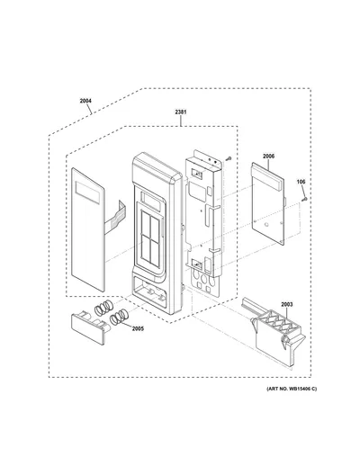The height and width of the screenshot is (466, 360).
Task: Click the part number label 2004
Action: click(85, 101)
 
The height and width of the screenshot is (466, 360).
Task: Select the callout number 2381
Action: click(181, 112)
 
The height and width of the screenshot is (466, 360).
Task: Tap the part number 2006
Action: click(268, 157)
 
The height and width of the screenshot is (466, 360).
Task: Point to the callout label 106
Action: click(301, 182)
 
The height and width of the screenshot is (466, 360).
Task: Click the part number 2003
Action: click(287, 304)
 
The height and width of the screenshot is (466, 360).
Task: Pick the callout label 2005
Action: click(138, 328)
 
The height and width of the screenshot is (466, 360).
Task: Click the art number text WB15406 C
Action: click(302, 389)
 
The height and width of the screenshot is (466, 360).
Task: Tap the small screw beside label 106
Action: click(305, 199)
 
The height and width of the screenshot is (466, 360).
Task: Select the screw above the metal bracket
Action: click(229, 158)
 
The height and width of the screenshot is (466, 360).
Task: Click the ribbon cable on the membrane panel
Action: click(115, 213)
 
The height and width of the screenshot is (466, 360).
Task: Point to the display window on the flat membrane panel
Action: click(87, 193)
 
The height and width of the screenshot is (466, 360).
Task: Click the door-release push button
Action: click(89, 327)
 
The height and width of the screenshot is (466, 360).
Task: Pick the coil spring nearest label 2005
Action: click(119, 317)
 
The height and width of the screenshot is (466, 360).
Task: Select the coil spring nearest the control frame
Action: click(104, 308)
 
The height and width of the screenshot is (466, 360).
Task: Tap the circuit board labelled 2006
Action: click(268, 203)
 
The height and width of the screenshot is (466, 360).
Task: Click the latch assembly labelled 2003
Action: click(275, 333)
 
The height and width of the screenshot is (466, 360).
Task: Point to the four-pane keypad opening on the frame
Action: click(150, 236)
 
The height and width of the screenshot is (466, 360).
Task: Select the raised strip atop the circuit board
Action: click(268, 178)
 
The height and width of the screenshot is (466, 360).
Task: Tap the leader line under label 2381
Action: click(181, 121)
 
